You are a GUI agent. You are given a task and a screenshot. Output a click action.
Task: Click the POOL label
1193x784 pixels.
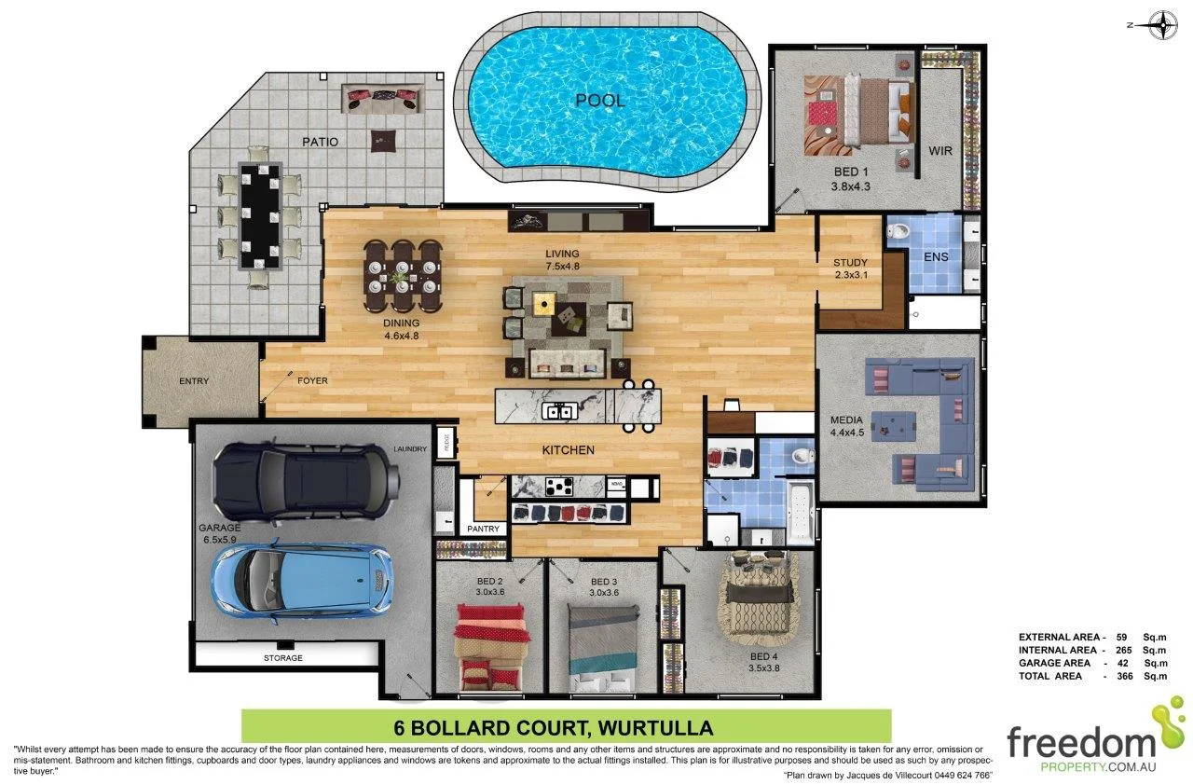tap(599, 101)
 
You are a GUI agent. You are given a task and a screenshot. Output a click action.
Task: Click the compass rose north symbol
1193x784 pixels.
tap(1162, 25)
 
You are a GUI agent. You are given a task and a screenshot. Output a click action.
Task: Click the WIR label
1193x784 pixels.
tap(940, 150)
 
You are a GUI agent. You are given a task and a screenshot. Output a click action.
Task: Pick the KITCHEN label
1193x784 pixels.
tap(569, 450)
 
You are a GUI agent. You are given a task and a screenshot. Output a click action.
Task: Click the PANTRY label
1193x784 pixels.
tap(483, 530)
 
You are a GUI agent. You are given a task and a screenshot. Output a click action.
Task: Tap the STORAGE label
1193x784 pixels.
tap(282, 658)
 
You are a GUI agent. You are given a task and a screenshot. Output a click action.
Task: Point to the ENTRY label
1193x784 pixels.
tap(194, 381)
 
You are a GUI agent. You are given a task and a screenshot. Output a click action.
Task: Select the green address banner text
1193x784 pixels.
tap(566, 726)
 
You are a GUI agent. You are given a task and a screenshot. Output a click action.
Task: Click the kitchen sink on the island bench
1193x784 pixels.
tap(560, 409)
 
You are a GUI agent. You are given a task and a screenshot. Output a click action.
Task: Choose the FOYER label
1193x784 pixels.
tap(312, 381)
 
